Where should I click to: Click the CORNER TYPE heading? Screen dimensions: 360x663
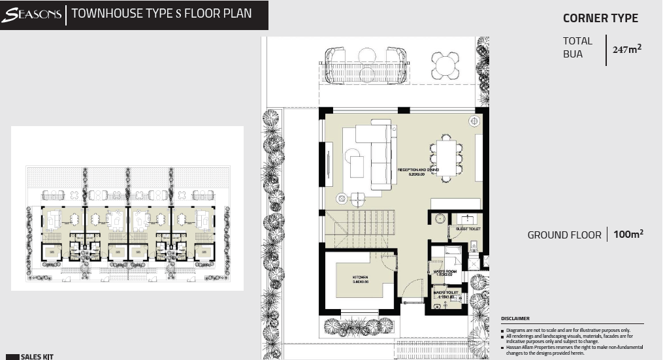600,18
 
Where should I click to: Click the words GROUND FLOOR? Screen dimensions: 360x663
564,235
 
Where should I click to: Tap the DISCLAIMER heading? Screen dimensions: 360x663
515,319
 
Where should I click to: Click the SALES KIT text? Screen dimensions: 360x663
37,357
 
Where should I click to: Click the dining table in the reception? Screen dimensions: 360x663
446,158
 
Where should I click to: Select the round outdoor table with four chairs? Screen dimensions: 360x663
445,65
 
